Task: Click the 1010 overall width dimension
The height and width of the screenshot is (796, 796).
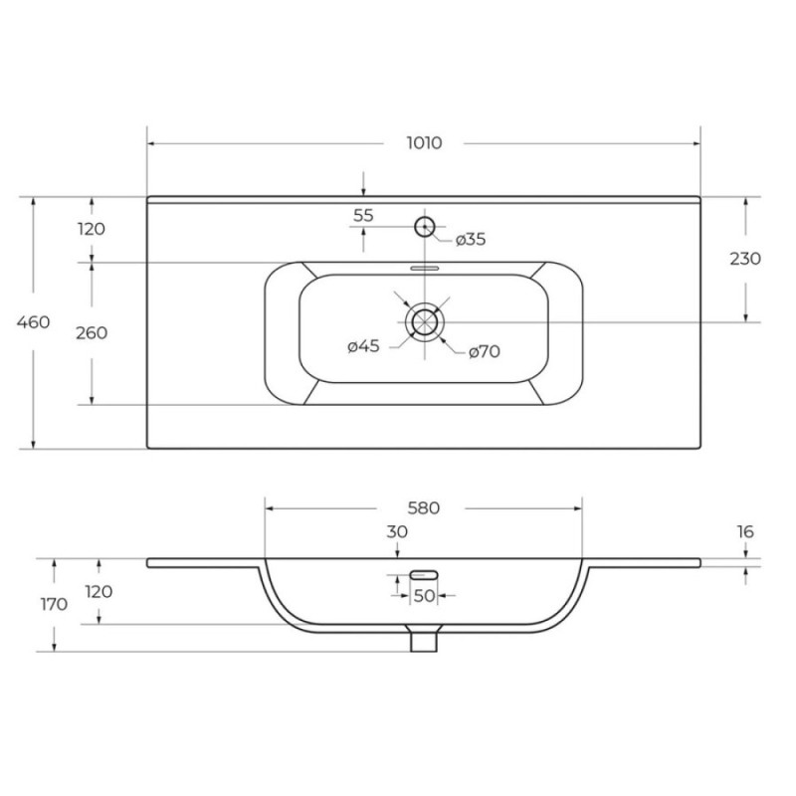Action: pyautogui.click(x=425, y=143)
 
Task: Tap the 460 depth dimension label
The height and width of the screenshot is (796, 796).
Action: pyautogui.click(x=34, y=321)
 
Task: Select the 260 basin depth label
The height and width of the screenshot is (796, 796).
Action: pyautogui.click(x=92, y=333)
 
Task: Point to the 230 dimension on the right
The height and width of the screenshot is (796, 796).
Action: pyautogui.click(x=745, y=259)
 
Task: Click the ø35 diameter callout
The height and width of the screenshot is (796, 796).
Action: pyautogui.click(x=471, y=239)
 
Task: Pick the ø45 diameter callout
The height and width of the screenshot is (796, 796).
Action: pyautogui.click(x=363, y=346)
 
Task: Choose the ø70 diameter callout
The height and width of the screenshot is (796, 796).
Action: pyautogui.click(x=485, y=351)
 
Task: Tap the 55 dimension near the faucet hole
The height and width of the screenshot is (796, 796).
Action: pyautogui.click(x=363, y=216)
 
